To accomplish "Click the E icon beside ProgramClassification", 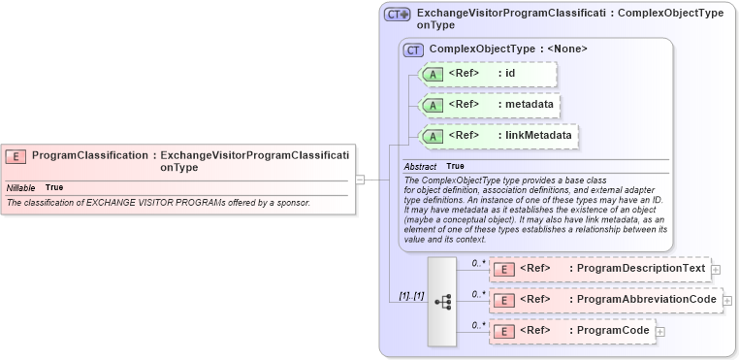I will coord(16,155).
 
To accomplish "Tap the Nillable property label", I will coord(20,187).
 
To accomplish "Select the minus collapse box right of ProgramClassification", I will coord(360,179).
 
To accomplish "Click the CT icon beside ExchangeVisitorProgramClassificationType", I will coord(397,15).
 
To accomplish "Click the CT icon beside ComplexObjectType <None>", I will coord(414,49).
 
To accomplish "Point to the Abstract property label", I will coord(420,166).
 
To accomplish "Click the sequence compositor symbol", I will coord(442,302).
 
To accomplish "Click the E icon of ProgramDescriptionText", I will coord(503,269).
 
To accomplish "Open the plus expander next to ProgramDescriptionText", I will coord(716,270).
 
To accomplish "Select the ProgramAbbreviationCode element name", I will coord(647,300).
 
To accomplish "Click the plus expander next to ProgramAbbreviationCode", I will coord(727,301).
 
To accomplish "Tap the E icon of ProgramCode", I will coord(503,331).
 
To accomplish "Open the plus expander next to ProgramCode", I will coord(660,332).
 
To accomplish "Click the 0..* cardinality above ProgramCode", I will coord(478,324).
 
